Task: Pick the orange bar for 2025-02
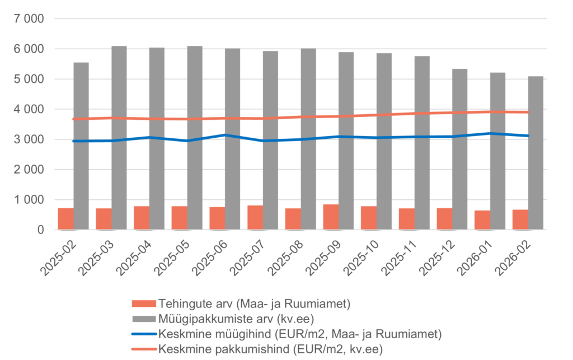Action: click(65, 218)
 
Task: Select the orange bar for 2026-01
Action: click(482, 219)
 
